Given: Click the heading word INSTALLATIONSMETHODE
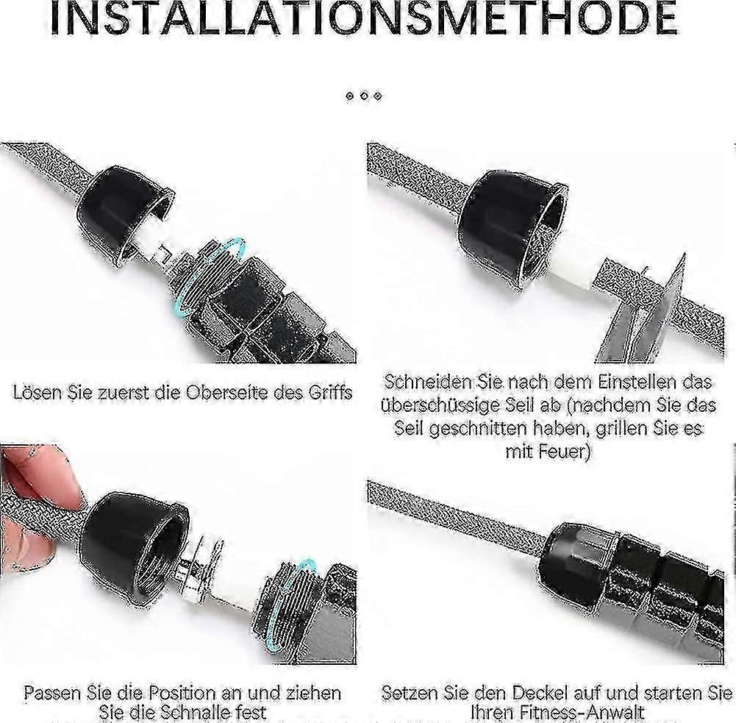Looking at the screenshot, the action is pos(363,18).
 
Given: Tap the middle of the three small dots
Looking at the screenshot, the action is pos(364,96).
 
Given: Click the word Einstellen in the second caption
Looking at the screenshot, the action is pos(637,382).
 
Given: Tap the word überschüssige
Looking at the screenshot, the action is pos(440,405).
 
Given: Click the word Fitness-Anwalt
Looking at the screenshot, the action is pos(557,712).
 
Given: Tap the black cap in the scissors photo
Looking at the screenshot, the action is pos(512,225).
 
